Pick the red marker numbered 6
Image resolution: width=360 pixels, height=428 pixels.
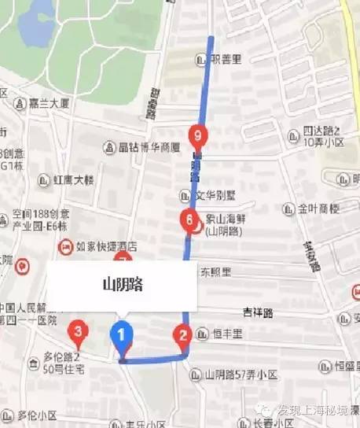[188, 220]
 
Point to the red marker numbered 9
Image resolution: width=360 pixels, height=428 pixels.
[198, 136]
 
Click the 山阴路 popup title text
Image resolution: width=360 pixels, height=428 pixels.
[121, 283]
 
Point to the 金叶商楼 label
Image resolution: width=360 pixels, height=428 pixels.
[318, 209]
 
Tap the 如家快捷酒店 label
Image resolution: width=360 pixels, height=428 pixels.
[105, 245]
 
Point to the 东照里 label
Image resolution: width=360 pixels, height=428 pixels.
[215, 272]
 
